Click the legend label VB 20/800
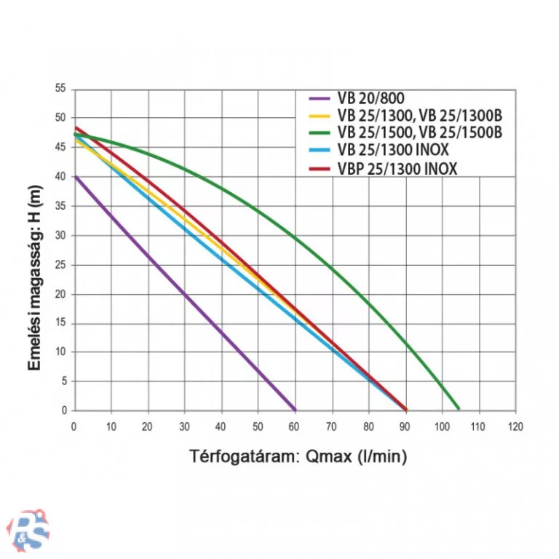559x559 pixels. pyautogui.click(x=371, y=98)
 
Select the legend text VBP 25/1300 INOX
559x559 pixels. pyautogui.click(x=397, y=169)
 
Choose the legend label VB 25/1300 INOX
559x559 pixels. pyautogui.click(x=393, y=151)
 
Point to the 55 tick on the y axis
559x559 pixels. pyautogui.click(x=60, y=89)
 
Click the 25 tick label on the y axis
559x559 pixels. pyautogui.click(x=60, y=265)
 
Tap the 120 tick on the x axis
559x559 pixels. pyautogui.click(x=515, y=426)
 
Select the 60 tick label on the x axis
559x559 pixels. pyautogui.click(x=295, y=426)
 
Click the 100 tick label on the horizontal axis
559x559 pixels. pyautogui.click(x=442, y=426)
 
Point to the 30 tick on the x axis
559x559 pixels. pyautogui.click(x=184, y=426)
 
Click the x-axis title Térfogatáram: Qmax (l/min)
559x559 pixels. pyautogui.click(x=298, y=457)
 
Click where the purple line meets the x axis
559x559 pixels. pyautogui.click(x=295, y=410)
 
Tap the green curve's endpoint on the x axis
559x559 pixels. pyautogui.click(x=458, y=409)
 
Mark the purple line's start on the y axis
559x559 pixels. pyautogui.click(x=75, y=175)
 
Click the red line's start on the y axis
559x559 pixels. pyautogui.click(x=75, y=127)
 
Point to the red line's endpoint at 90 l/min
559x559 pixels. pyautogui.click(x=405, y=409)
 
